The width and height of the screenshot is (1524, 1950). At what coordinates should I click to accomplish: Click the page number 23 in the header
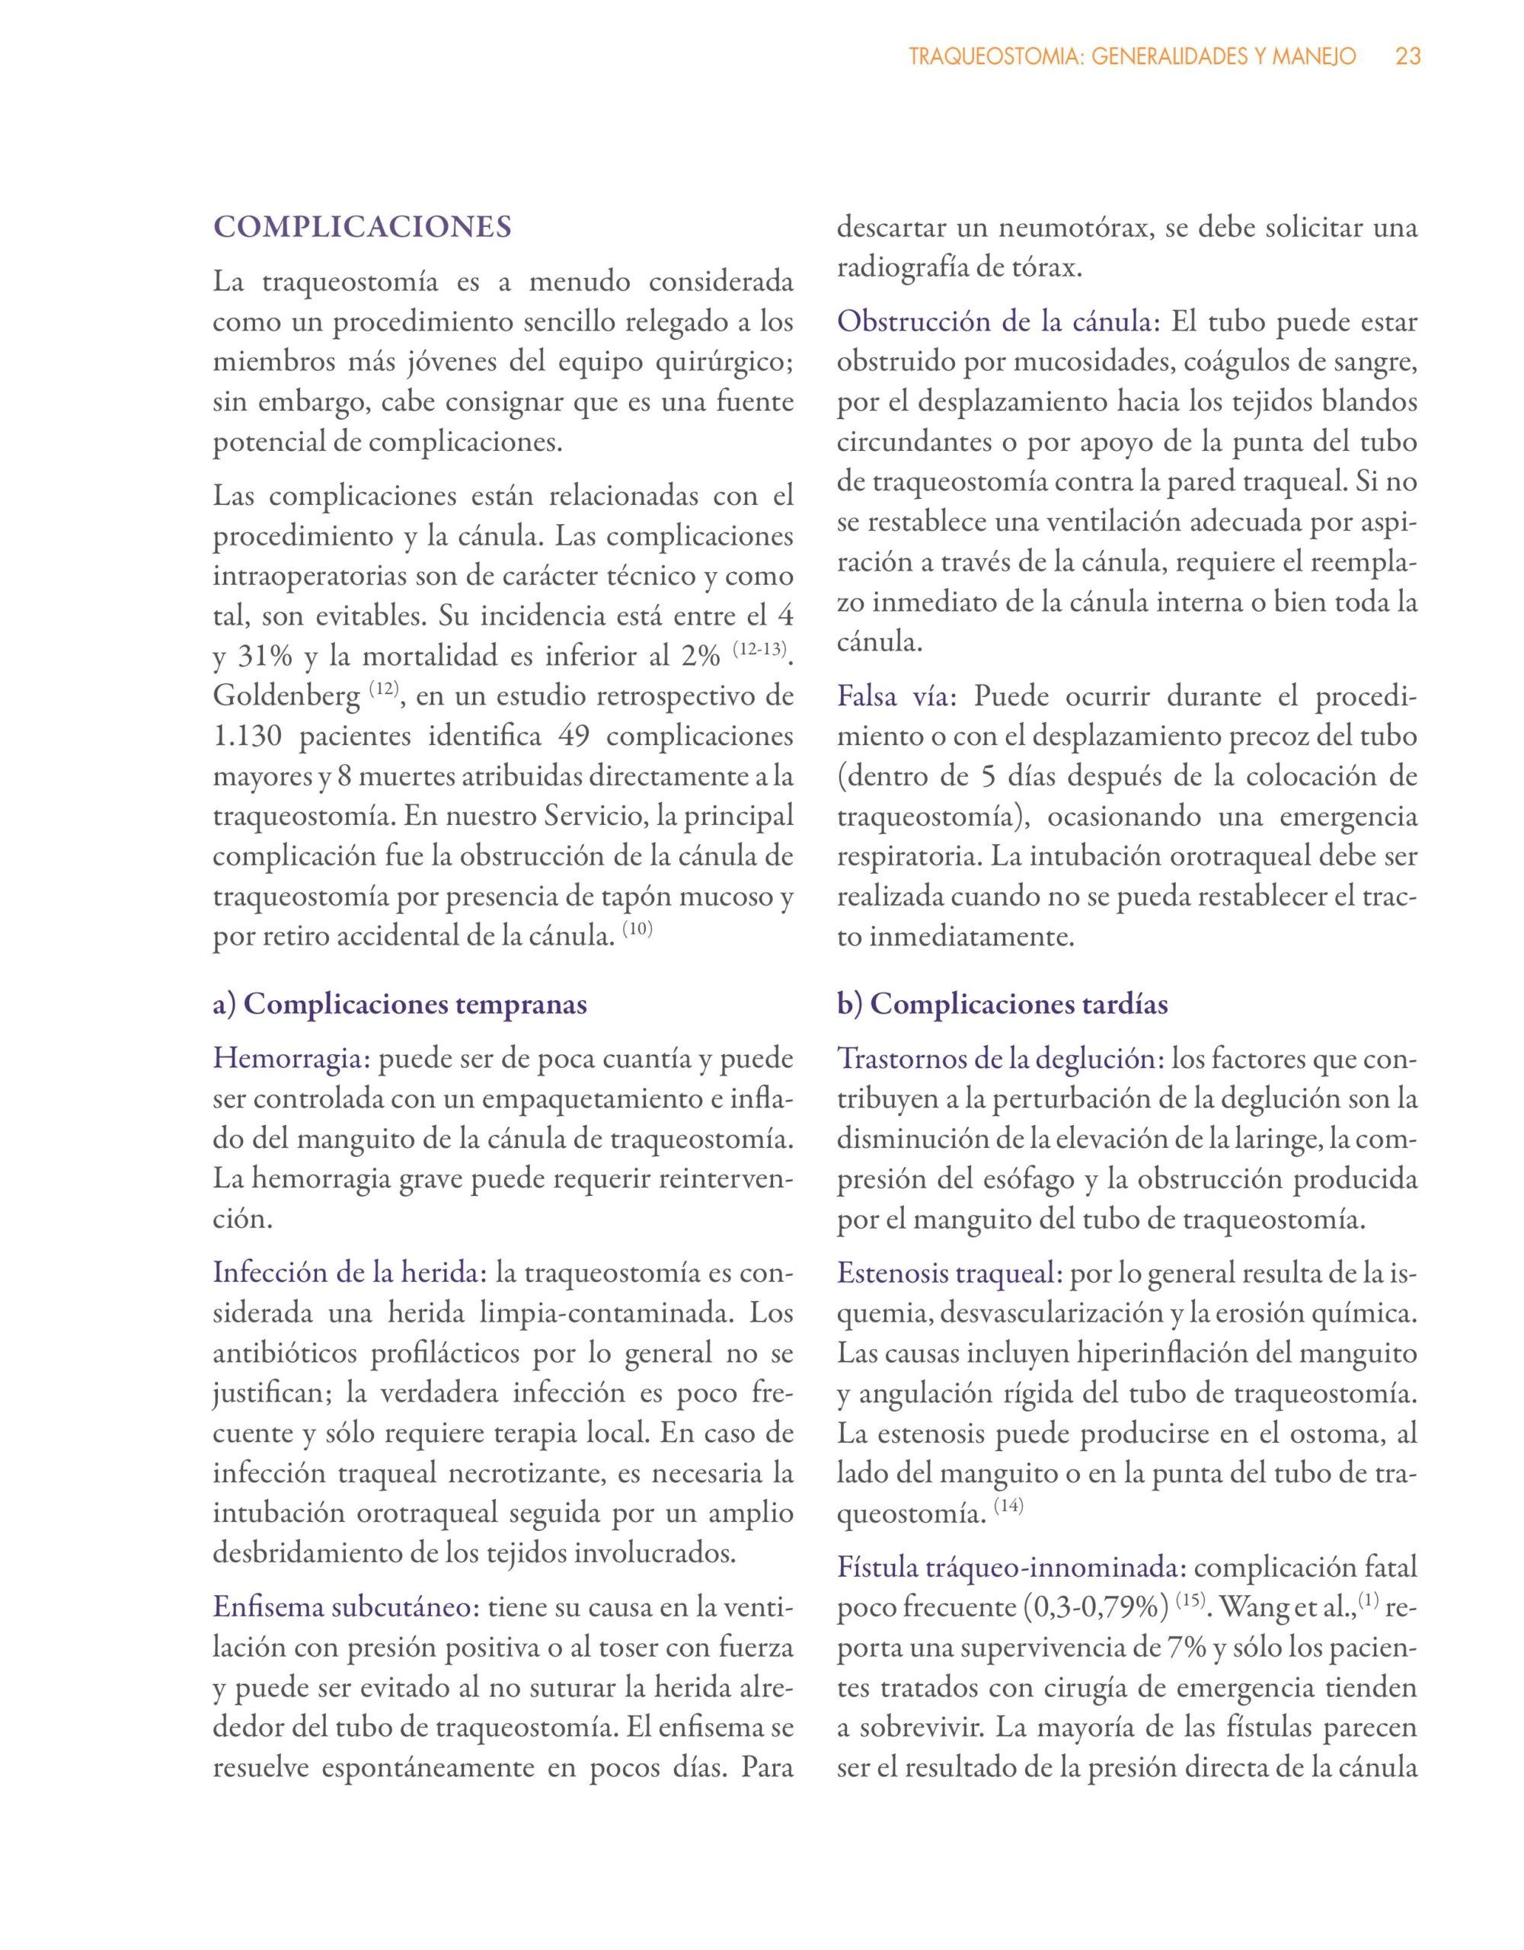(1408, 57)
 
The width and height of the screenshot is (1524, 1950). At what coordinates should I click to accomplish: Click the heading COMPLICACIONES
(363, 227)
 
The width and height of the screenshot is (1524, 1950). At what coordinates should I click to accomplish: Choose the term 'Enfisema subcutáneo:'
(347, 1607)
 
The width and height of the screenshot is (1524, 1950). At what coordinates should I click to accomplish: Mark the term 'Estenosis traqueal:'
(950, 1274)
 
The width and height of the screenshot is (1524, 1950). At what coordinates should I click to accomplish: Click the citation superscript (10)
(637, 929)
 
